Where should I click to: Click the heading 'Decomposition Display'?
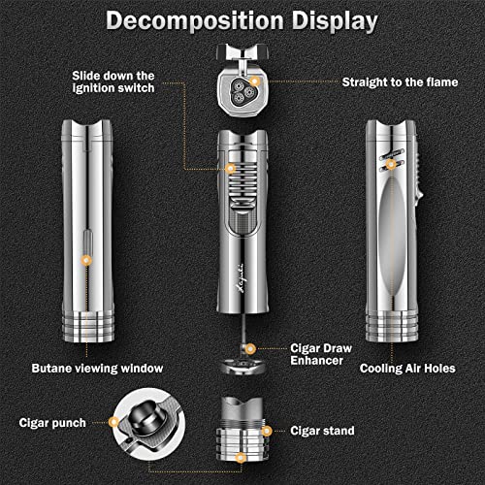tap(242, 21)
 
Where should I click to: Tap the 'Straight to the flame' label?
tap(400, 82)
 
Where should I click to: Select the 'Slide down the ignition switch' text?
tap(113, 81)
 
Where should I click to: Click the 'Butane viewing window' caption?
tap(97, 369)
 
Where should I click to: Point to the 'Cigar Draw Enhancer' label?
tap(321, 354)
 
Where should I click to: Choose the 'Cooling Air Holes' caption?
tap(407, 369)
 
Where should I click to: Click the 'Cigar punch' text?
tap(52, 423)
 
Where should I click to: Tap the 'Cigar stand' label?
tap(322, 431)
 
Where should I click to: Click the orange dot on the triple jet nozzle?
tap(255, 81)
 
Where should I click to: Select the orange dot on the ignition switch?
tap(230, 169)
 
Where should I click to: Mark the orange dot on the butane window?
tap(86, 260)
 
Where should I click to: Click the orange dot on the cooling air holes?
tap(391, 164)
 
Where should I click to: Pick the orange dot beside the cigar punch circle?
tap(113, 422)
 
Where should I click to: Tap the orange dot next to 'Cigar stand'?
tap(267, 431)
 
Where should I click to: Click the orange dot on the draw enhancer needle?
tap(249, 349)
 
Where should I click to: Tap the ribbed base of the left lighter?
tap(88, 326)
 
